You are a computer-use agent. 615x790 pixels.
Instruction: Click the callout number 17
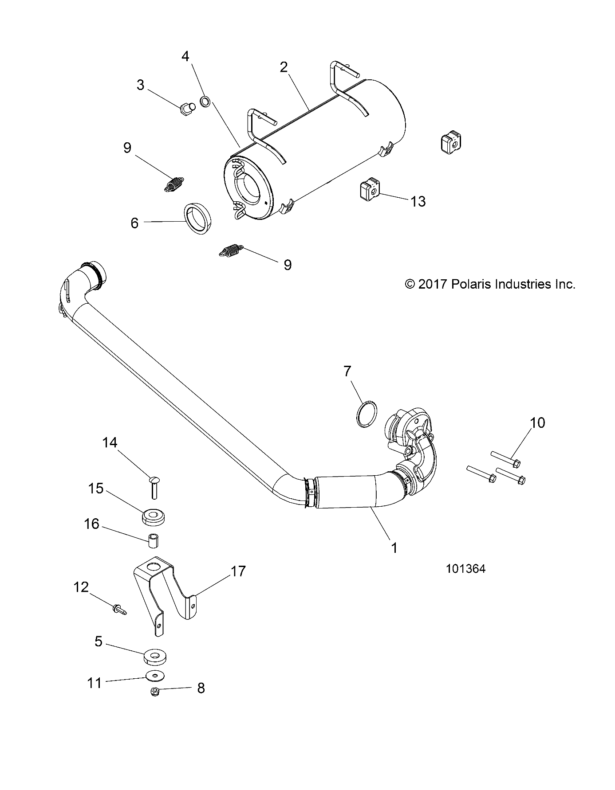coord(238,571)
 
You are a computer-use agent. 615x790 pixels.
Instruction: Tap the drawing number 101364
coord(465,569)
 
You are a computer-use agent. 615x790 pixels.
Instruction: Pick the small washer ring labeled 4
coord(206,102)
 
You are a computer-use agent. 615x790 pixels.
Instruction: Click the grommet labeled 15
coord(153,516)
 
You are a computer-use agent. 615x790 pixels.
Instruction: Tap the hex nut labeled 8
coord(156,691)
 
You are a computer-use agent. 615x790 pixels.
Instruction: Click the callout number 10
coord(537,423)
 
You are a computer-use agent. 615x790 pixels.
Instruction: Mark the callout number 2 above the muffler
coord(284,67)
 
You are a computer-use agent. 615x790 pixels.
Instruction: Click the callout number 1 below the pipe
coord(394,548)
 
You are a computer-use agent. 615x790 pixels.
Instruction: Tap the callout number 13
coord(418,202)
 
